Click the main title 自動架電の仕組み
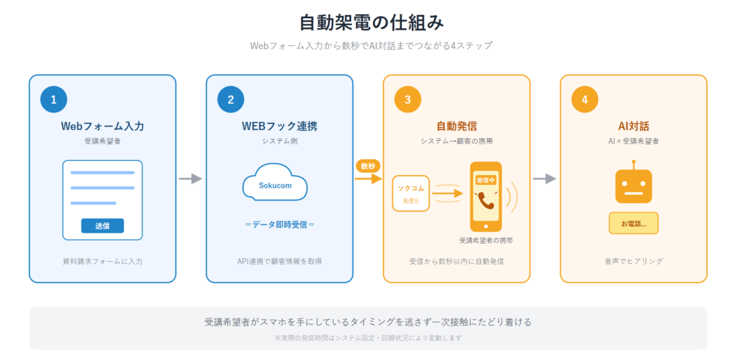point(371,23)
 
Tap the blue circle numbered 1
point(54,100)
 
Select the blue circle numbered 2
point(231,100)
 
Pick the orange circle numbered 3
point(408,100)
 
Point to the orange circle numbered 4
point(585,100)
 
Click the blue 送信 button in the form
point(102,226)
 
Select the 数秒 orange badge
point(367,166)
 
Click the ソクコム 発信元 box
point(410,193)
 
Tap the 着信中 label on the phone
point(485,180)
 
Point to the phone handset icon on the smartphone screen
point(485,200)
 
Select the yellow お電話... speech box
point(633,223)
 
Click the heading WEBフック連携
point(279,127)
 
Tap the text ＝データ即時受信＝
point(279,225)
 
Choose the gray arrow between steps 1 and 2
point(190,179)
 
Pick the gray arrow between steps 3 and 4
point(545,179)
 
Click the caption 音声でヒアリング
point(633,261)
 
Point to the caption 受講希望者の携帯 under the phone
point(486,240)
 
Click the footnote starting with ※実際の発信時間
point(367,338)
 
